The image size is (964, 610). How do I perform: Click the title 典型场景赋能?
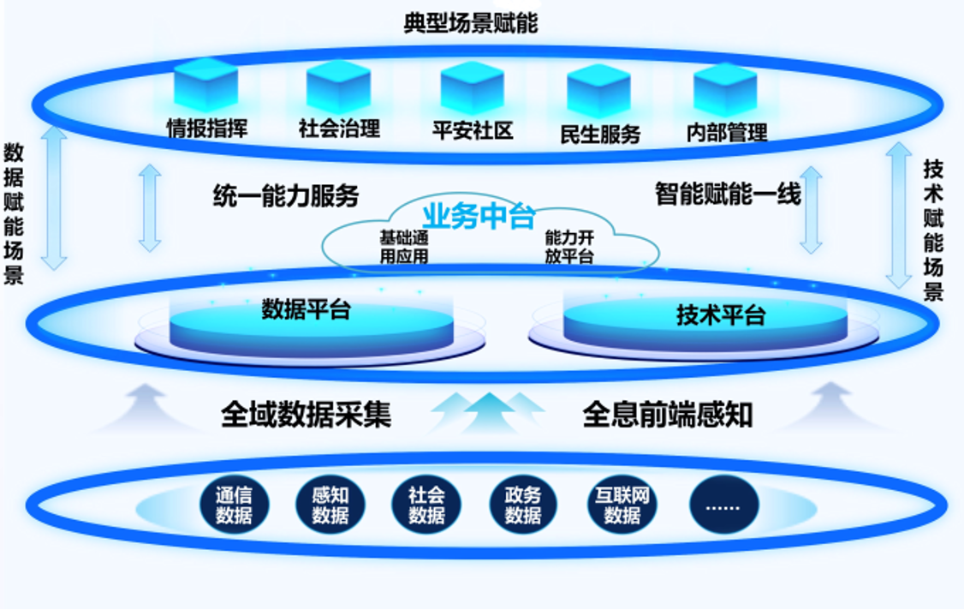470,23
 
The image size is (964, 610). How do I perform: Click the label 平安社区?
473,130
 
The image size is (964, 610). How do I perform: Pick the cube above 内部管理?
725,88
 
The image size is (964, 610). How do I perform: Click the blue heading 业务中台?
479,216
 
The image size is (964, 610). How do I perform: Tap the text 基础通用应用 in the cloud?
404,247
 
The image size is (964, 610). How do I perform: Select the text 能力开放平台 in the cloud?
569,247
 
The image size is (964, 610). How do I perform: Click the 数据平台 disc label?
306,309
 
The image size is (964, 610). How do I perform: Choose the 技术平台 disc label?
721,315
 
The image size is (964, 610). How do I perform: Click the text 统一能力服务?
286,195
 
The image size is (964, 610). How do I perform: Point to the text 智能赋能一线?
728,194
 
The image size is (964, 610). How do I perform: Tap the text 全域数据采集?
306,415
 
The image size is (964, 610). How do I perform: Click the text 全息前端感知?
668,415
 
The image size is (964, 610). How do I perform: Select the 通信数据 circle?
235,505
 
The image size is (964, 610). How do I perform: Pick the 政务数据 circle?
523,505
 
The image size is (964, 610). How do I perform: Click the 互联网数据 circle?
622,505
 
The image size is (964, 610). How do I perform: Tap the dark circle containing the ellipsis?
723,505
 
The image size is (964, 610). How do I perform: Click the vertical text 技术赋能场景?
933,230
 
